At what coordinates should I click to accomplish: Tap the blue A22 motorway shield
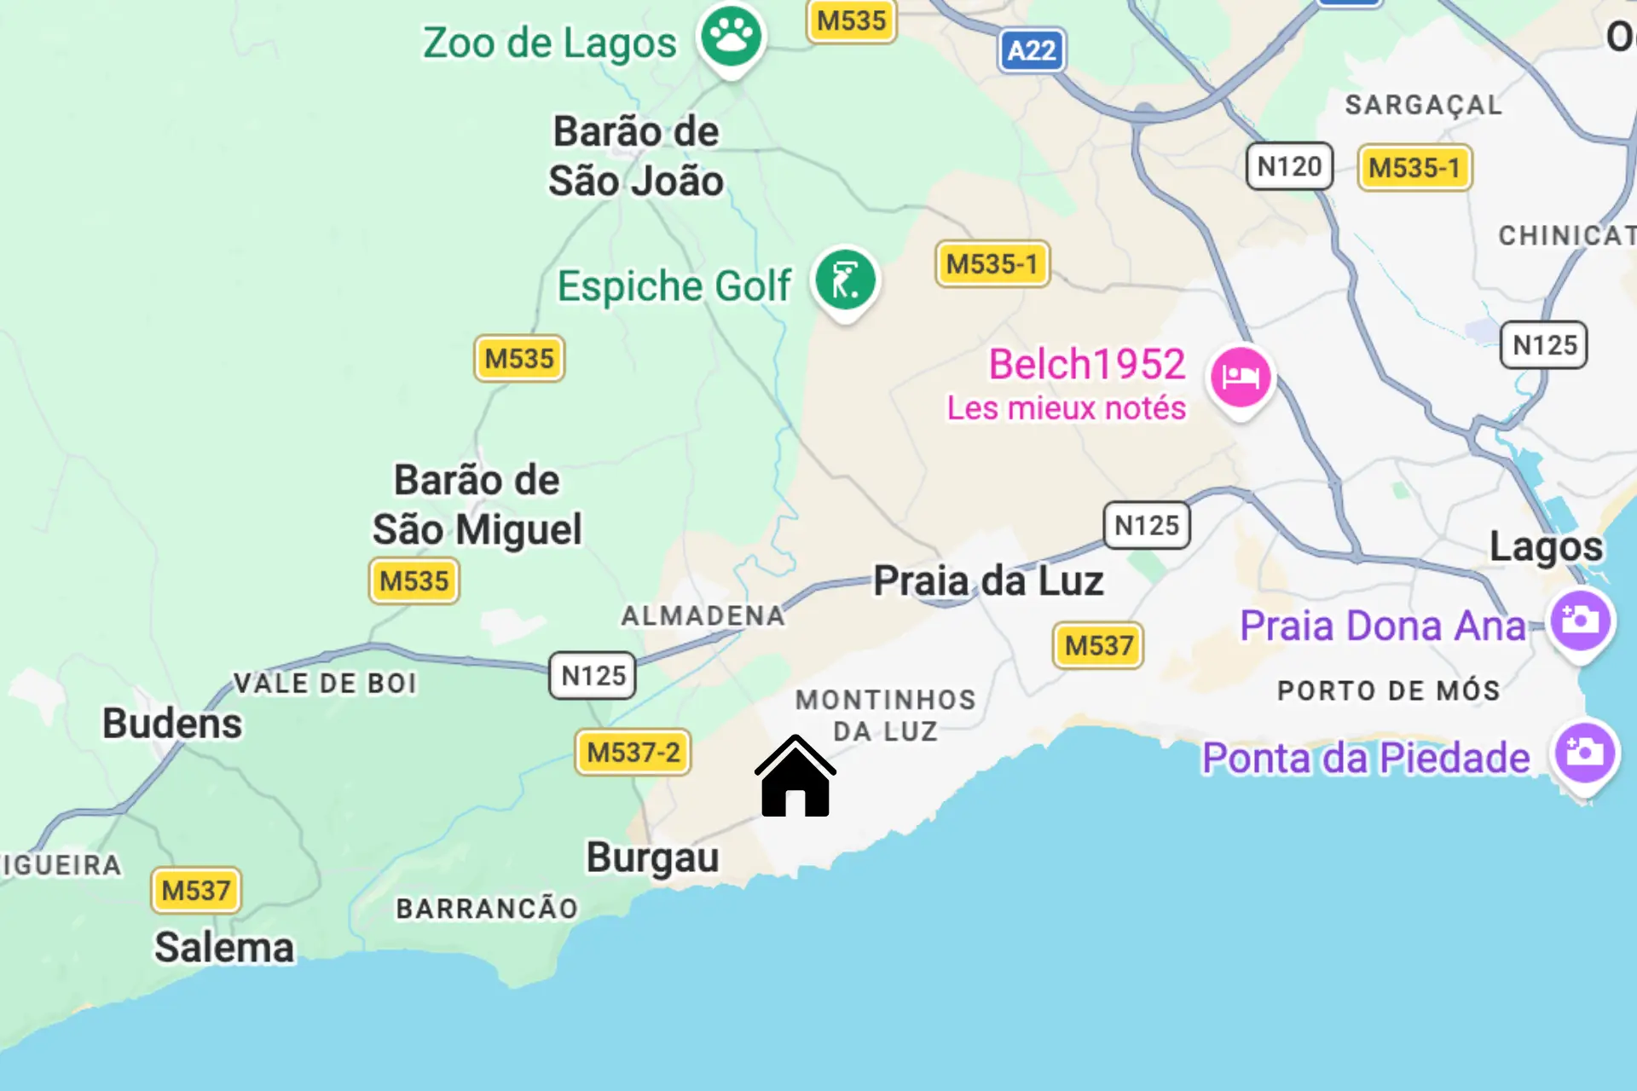click(x=1032, y=51)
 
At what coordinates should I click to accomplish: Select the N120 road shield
click(x=1289, y=166)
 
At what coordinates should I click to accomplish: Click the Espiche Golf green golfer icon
click(x=845, y=280)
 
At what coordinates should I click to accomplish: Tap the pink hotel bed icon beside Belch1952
click(x=1241, y=377)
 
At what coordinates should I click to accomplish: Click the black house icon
click(x=795, y=777)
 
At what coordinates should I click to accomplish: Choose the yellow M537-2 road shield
click(x=633, y=753)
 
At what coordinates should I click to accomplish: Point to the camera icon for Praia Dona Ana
click(x=1580, y=621)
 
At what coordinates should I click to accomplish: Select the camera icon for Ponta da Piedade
click(x=1584, y=753)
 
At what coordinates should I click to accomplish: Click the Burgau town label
click(x=652, y=857)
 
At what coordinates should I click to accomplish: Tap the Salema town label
click(x=224, y=948)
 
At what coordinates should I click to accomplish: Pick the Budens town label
click(x=172, y=724)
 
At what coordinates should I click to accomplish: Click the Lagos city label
click(x=1546, y=546)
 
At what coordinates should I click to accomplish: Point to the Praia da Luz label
click(x=988, y=581)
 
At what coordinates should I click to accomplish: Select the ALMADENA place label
click(x=703, y=615)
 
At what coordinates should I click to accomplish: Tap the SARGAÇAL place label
click(x=1423, y=105)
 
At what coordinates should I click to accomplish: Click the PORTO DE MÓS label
click(x=1388, y=690)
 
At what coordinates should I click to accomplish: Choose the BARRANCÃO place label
click(x=487, y=909)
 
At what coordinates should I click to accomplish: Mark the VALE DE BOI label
click(x=325, y=684)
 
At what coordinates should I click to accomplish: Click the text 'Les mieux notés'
click(x=1066, y=408)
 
